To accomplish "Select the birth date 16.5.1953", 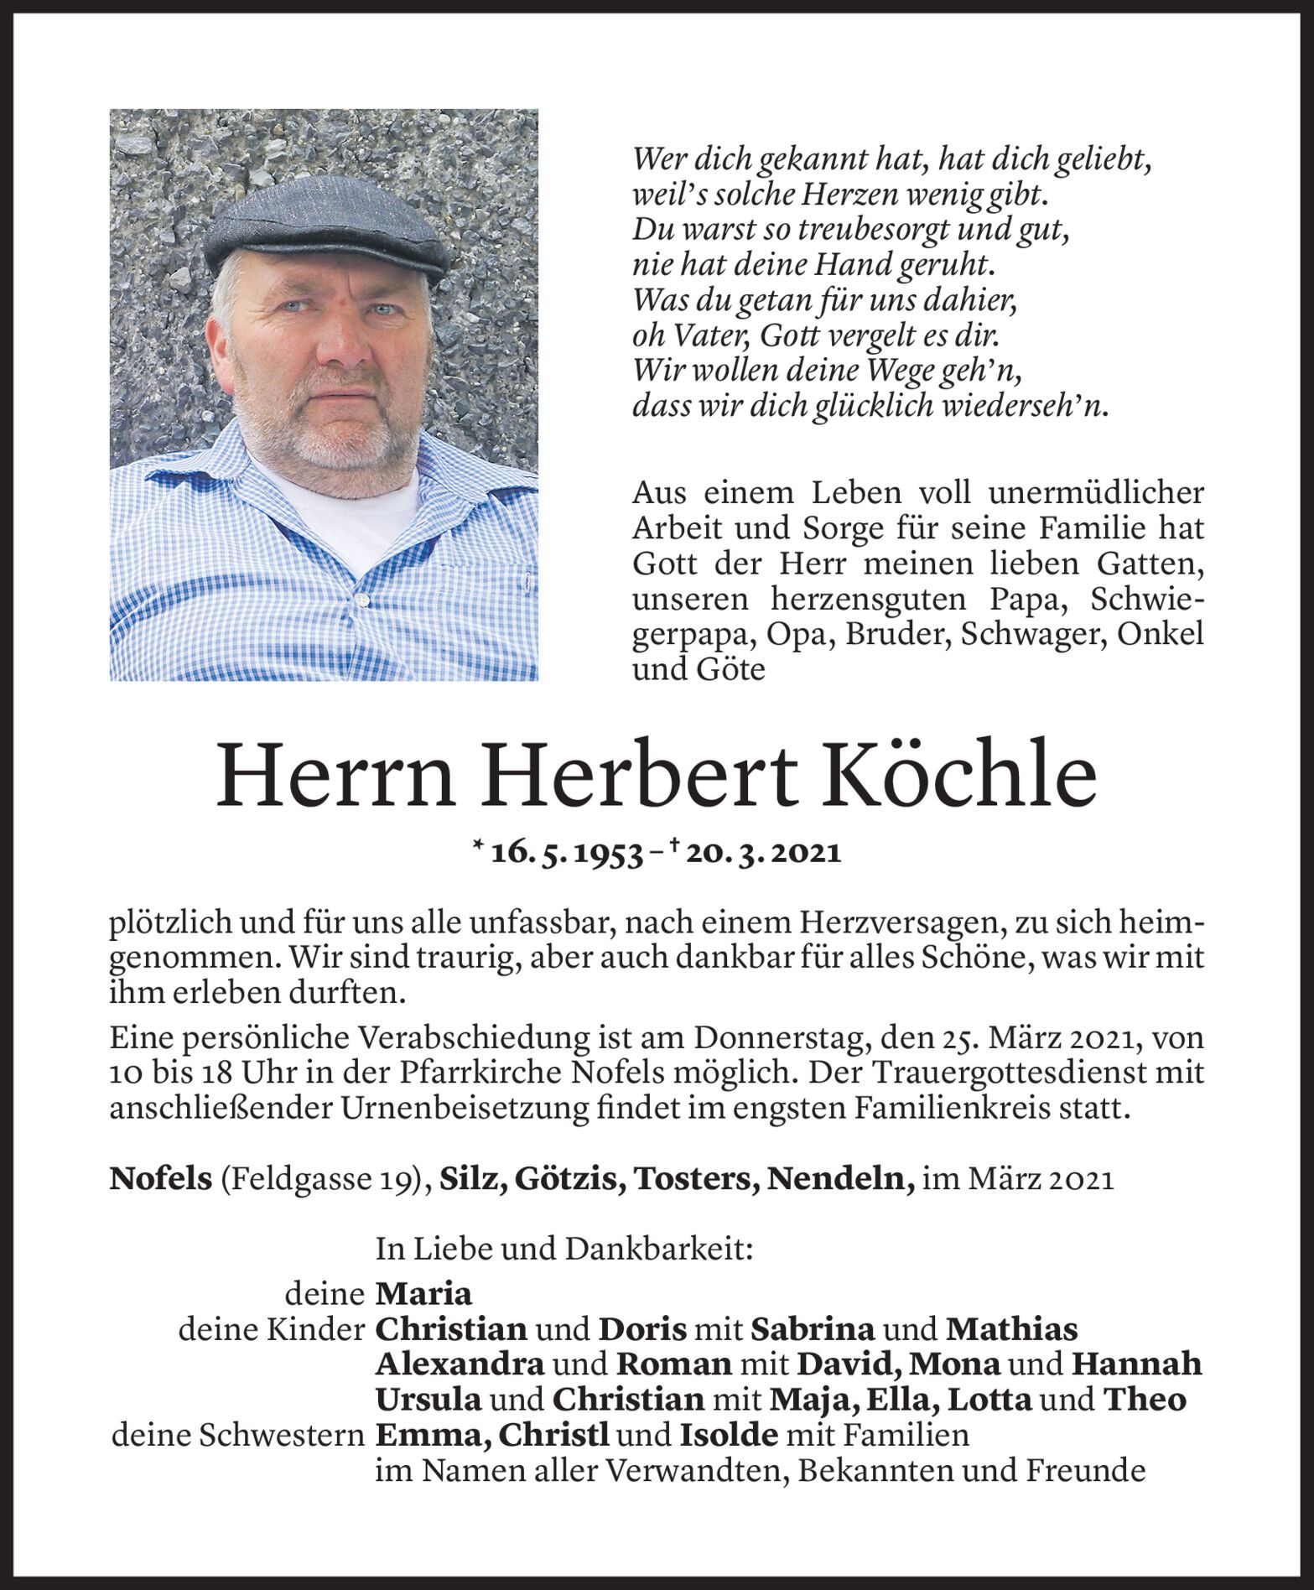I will tap(568, 853).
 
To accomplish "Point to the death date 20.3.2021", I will tap(762, 853).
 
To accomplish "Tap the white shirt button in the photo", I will tap(363, 600).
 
